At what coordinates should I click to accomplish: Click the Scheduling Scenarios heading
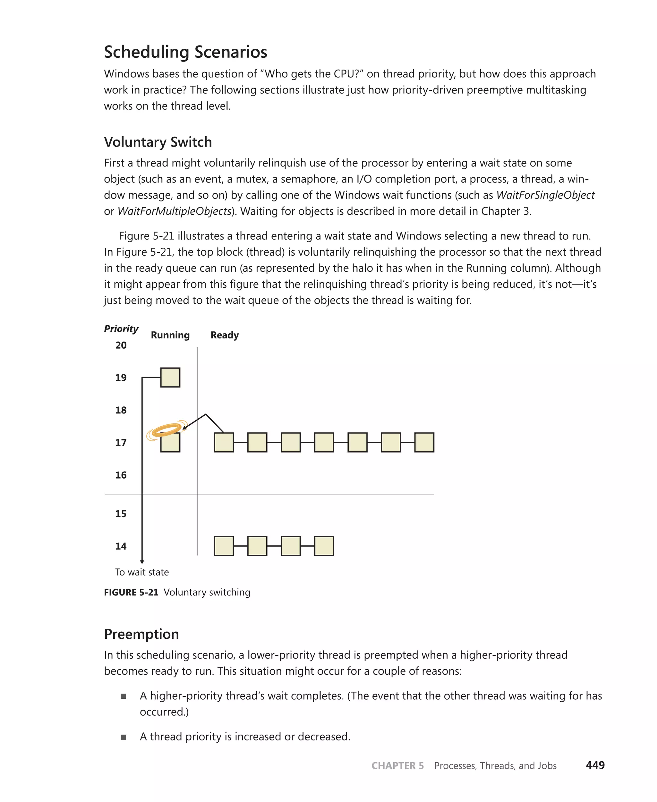(x=185, y=52)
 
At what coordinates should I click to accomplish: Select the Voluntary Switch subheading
(x=158, y=142)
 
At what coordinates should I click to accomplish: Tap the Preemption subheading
(x=141, y=634)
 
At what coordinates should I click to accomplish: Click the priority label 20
(x=121, y=345)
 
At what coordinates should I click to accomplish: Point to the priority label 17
(x=121, y=442)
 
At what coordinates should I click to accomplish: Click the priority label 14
(x=121, y=546)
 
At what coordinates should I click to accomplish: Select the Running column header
(x=170, y=335)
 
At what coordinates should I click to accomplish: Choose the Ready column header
(x=225, y=335)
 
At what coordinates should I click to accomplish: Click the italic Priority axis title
(x=121, y=328)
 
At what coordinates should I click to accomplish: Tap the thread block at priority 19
(x=170, y=377)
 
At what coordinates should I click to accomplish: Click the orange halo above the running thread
(x=166, y=430)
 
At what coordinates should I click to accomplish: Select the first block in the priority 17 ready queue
(x=224, y=442)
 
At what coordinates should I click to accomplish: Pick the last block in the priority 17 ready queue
(x=424, y=442)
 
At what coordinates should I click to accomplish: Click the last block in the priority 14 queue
(x=324, y=546)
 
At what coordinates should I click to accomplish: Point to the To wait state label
(x=142, y=572)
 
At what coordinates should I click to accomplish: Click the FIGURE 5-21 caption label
(x=131, y=592)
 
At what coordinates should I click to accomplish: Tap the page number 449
(x=595, y=765)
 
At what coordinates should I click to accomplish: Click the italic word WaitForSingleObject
(x=545, y=195)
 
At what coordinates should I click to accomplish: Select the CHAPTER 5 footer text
(x=397, y=766)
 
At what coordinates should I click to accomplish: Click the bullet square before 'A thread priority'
(x=124, y=737)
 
